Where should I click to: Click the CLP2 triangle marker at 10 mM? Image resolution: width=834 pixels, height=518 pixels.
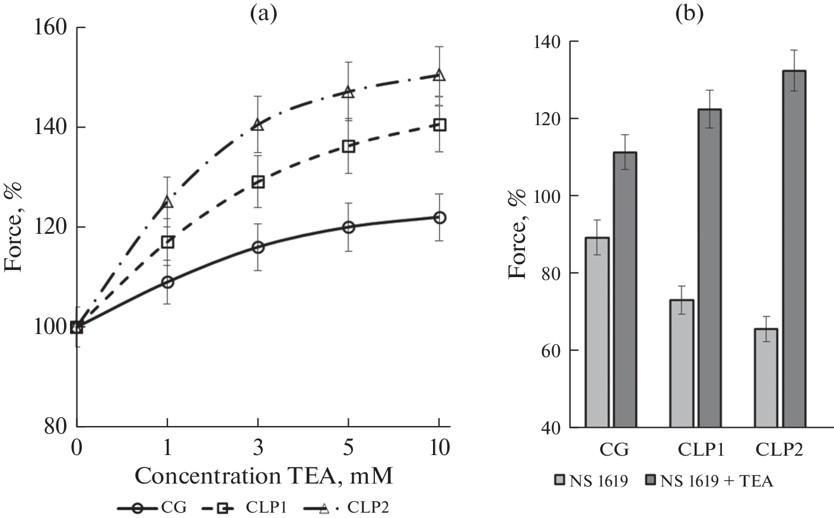coord(439,75)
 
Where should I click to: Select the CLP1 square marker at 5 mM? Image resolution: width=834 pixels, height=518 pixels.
coord(349,147)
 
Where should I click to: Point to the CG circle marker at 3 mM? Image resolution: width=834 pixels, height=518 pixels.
coord(258,247)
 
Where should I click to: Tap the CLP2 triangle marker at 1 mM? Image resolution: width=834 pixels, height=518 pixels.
coord(167,202)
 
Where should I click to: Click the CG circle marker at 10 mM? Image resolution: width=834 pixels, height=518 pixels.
coord(439,218)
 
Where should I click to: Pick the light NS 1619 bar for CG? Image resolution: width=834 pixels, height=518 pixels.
coord(597,332)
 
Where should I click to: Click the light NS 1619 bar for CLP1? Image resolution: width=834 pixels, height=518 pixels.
coord(682,363)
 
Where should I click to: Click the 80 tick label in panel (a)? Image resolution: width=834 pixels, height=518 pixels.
coord(57,426)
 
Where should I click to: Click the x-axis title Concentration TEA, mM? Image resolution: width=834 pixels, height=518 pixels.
coord(264,476)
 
